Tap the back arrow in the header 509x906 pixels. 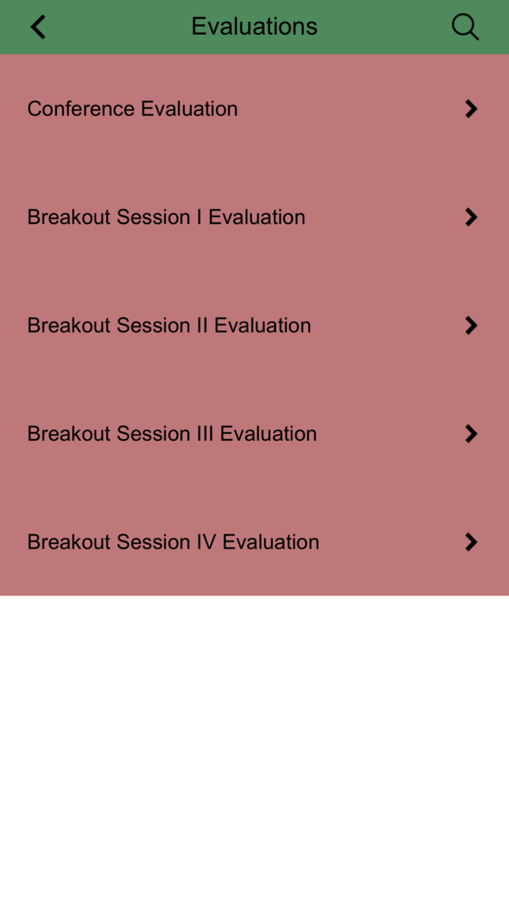(38, 26)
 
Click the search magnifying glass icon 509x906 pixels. (465, 26)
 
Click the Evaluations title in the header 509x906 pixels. (254, 26)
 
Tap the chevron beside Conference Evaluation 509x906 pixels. (471, 109)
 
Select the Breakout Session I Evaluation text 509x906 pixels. (166, 217)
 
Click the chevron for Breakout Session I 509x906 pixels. (471, 217)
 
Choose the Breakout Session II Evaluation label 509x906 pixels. (169, 325)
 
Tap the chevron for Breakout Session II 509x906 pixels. (471, 325)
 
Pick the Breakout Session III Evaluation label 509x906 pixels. (172, 434)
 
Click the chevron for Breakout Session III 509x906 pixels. (471, 434)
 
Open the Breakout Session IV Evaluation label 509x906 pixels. (173, 542)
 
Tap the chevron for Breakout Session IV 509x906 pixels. (471, 542)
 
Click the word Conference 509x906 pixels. (81, 109)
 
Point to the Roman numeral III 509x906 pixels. (205, 434)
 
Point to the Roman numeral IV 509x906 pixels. (206, 542)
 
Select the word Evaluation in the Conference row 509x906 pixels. (189, 109)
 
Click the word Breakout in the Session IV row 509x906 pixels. (69, 542)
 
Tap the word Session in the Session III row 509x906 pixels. (154, 434)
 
